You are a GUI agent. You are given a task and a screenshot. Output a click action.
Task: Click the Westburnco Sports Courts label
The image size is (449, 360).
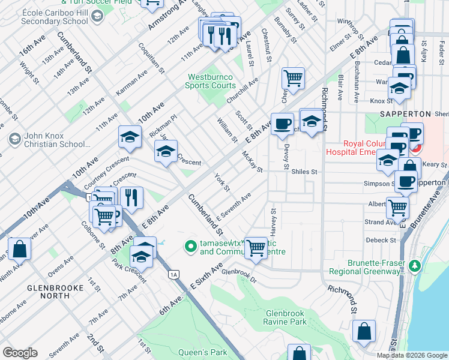(x=211, y=81)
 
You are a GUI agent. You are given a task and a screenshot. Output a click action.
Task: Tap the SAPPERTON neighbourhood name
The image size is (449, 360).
(x=406, y=113)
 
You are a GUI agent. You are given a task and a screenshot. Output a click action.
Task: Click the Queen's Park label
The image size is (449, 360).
(x=203, y=352)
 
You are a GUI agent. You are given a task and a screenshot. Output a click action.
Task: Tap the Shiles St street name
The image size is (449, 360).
(x=304, y=172)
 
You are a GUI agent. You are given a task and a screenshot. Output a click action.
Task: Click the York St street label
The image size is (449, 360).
(x=223, y=183)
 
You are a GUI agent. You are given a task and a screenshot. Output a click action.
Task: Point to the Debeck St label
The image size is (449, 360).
(x=379, y=240)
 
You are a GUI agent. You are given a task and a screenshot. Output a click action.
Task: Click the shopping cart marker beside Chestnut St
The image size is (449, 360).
(x=293, y=77)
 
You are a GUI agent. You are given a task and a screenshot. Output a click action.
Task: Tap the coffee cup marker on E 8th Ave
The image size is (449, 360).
(x=282, y=124)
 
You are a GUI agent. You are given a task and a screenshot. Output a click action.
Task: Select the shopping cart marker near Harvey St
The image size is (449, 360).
(x=256, y=247)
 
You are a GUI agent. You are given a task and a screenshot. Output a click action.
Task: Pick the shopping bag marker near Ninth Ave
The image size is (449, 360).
(x=19, y=249)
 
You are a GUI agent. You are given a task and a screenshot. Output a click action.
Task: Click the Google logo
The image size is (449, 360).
(x=20, y=353)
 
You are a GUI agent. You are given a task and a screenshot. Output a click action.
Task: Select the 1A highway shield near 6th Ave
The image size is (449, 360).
(x=174, y=274)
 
